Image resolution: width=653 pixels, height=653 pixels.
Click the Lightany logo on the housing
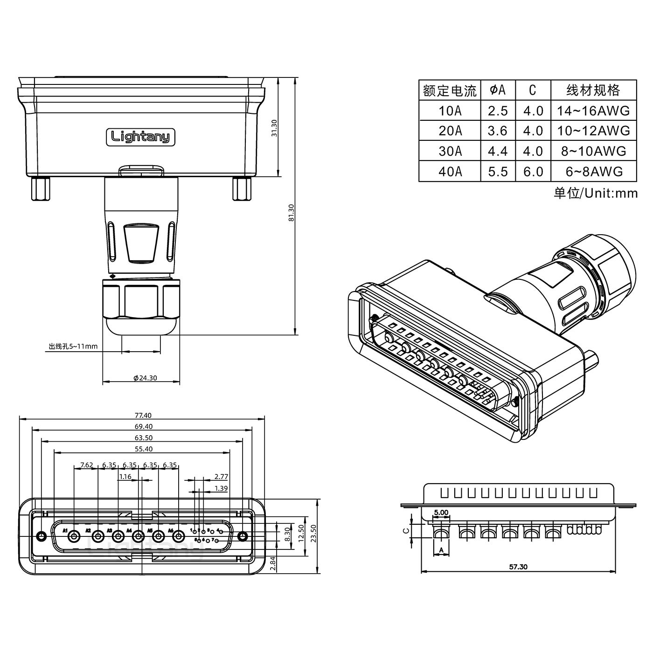[140, 137]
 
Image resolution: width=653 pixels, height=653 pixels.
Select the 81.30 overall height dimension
[292, 213]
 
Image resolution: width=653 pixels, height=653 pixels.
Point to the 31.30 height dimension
[274, 128]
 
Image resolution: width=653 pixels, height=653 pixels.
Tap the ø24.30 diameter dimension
[145, 378]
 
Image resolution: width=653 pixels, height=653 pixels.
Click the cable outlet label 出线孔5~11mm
[73, 346]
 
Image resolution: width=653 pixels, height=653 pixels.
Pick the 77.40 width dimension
[143, 415]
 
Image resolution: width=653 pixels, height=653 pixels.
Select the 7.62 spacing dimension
[87, 465]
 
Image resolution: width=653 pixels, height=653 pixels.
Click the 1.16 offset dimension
[125, 477]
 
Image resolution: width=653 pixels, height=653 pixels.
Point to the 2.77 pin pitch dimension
[221, 477]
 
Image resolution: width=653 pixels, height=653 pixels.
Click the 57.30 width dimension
[518, 567]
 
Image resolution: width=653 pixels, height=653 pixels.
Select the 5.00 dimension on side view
[441, 512]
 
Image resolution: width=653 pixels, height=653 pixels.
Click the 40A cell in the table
[450, 172]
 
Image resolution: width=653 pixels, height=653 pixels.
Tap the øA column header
[498, 90]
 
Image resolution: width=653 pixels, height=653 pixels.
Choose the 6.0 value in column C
[533, 172]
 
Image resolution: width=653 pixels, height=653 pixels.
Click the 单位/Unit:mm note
[595, 193]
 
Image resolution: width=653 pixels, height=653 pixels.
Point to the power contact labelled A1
[73, 537]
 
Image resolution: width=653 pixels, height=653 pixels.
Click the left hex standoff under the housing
[41, 189]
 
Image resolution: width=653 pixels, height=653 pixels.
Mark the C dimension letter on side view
[406, 530]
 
